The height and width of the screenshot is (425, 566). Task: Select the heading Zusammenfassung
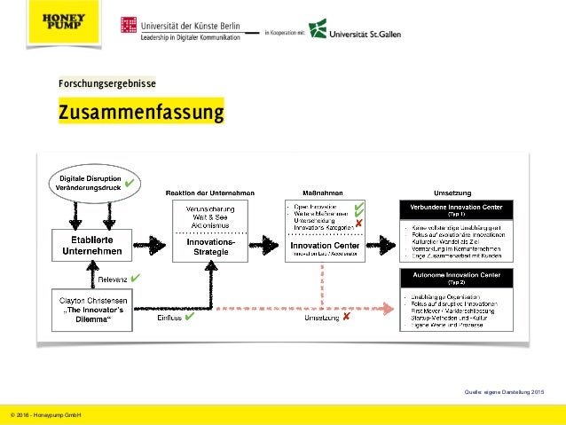(x=141, y=114)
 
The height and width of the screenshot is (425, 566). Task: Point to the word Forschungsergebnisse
(x=106, y=83)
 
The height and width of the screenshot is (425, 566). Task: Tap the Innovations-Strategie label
(x=210, y=248)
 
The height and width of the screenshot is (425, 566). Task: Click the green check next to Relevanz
(x=134, y=279)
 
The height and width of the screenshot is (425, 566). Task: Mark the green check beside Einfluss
(x=189, y=317)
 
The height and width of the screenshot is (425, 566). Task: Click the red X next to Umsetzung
(x=346, y=317)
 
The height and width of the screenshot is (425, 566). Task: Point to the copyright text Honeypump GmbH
(x=43, y=414)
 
